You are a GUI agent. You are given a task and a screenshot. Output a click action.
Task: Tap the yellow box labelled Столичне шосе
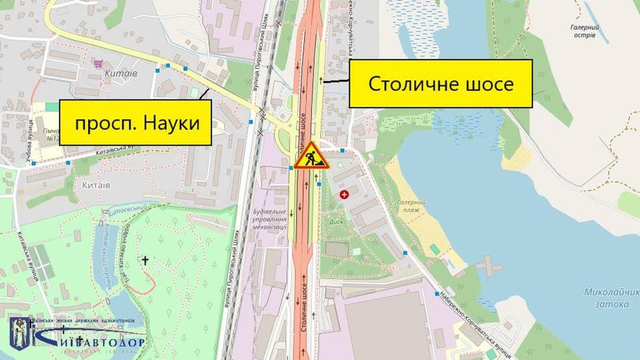pyautogui.click(x=441, y=84)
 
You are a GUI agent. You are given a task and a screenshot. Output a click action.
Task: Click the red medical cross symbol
pyautogui.click(x=345, y=195)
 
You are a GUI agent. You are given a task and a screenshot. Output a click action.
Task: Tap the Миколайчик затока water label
pyautogui.click(x=611, y=297)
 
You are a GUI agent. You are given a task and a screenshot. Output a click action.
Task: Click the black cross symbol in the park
pyautogui.click(x=144, y=260)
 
